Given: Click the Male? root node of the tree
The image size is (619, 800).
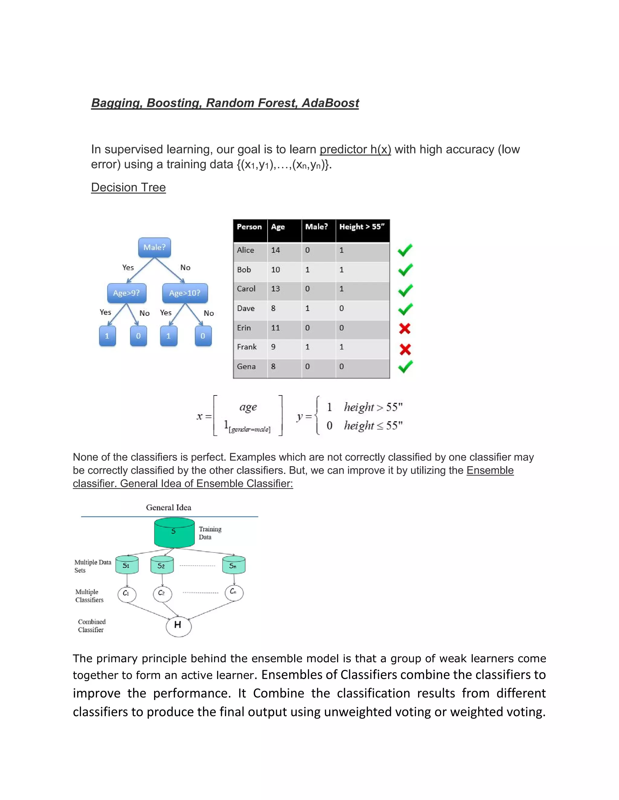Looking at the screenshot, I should coord(154,247).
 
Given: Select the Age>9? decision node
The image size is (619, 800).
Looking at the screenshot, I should coord(127,293).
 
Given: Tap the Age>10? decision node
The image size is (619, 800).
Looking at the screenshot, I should coord(185,293).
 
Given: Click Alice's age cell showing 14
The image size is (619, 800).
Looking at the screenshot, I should coord(275,250).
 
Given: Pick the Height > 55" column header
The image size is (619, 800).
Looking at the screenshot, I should coord(362,227).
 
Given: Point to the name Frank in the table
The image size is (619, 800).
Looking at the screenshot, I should coord(247,347).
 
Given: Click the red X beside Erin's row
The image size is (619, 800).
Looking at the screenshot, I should coord(405,328).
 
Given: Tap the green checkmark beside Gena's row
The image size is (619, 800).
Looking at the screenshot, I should coord(405,367).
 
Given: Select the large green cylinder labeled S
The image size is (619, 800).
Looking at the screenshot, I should coord(174,533).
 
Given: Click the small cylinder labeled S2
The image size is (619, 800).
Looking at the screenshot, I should coord(162,565).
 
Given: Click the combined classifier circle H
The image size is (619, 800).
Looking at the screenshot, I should coord(178,625).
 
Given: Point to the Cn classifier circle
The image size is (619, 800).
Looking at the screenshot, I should coord(234,592).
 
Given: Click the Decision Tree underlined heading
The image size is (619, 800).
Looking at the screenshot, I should coord(128,187).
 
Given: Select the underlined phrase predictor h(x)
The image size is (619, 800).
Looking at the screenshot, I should coord(355,149).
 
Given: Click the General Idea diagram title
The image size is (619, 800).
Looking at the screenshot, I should coord(169,508).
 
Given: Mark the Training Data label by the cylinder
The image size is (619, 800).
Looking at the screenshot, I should coord(210,533).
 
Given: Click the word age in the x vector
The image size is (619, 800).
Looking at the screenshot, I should coord(248,407).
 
